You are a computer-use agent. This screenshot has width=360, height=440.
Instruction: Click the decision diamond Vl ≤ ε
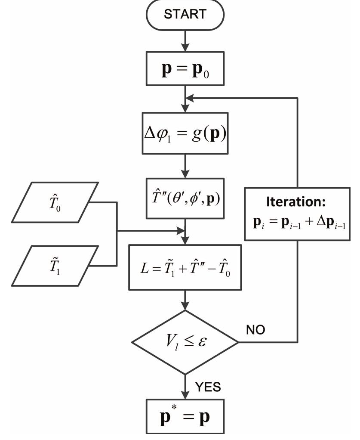[185, 342]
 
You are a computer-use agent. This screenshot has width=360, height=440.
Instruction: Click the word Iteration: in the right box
[298, 204]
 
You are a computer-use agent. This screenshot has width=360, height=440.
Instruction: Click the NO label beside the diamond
[257, 330]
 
